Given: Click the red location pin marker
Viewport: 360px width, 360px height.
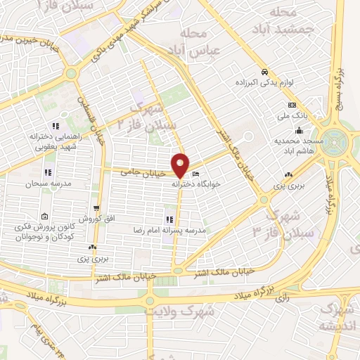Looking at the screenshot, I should (x=181, y=165).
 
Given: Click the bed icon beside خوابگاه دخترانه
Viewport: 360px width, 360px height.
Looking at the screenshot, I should (x=195, y=174).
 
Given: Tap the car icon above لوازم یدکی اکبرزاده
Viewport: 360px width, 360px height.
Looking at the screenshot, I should (x=264, y=72).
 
